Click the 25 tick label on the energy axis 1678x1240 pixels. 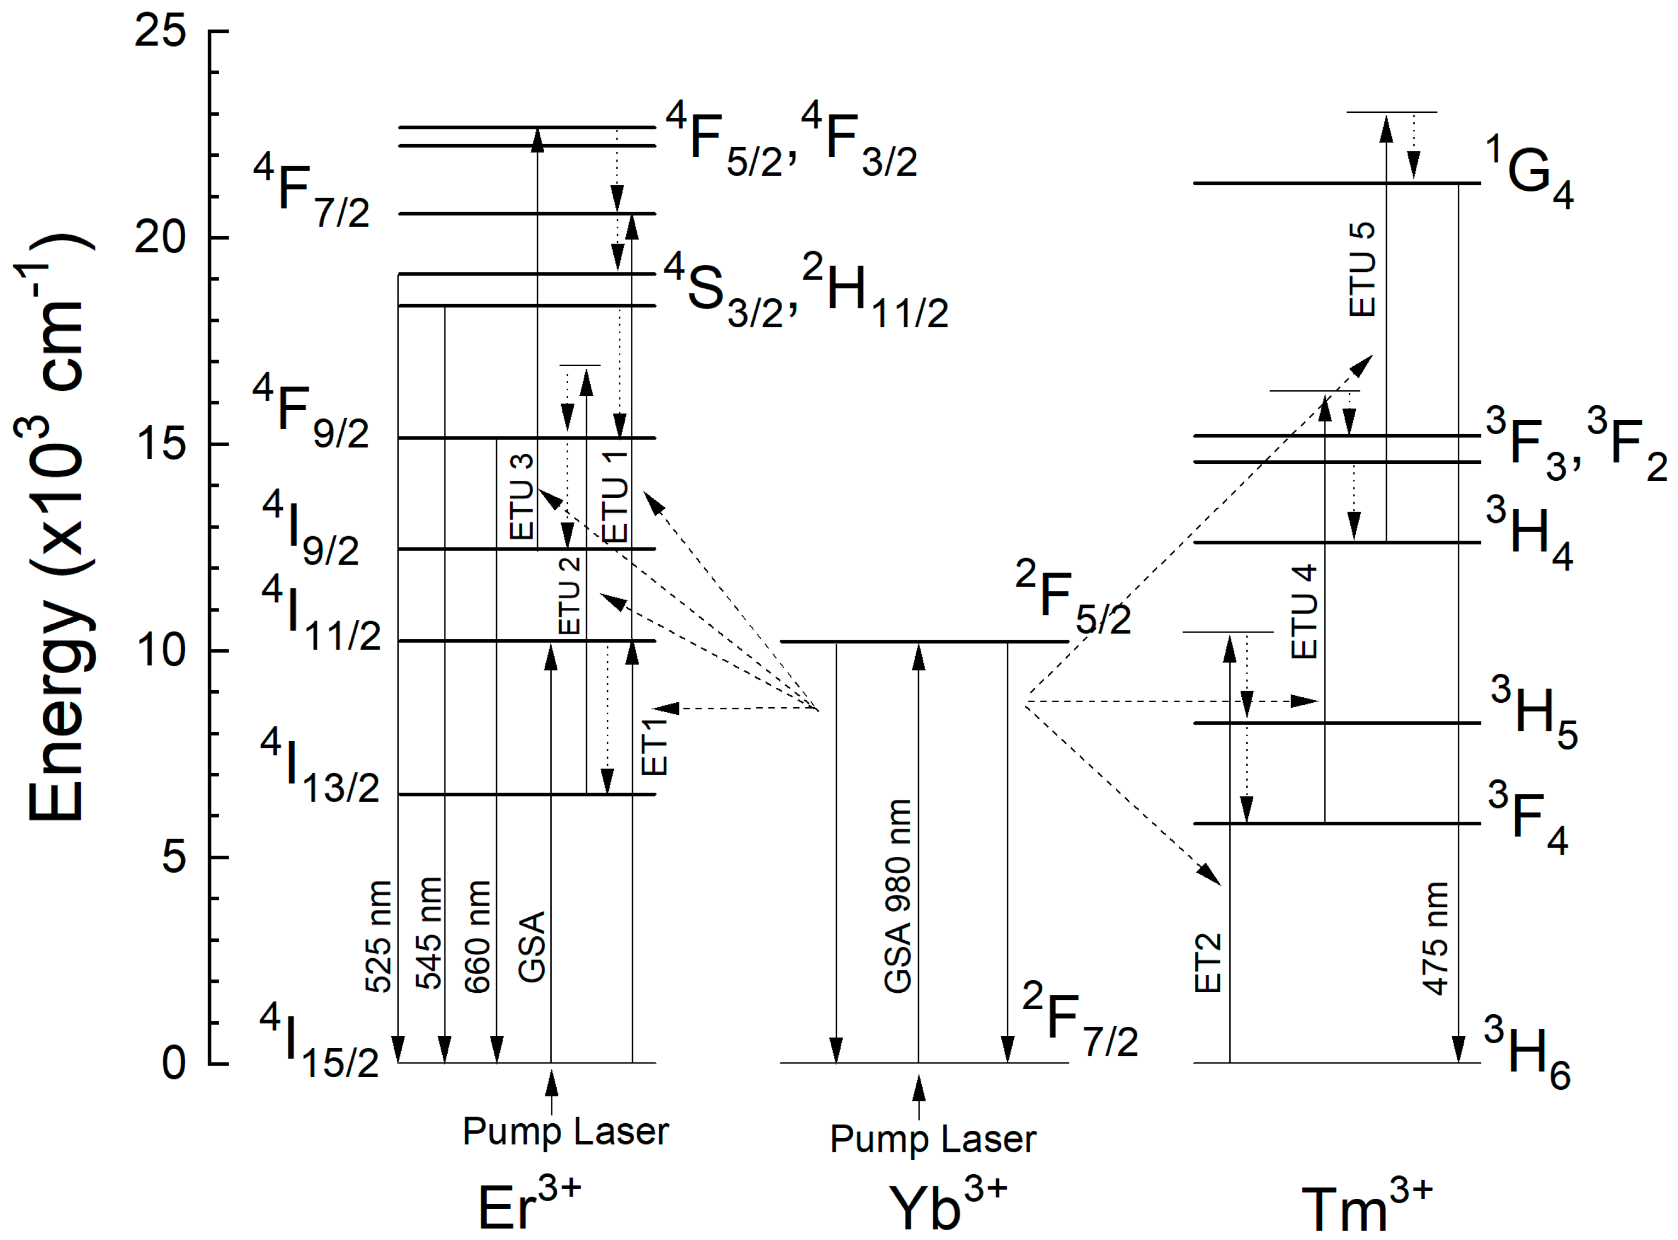click(x=160, y=32)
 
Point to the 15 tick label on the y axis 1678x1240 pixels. click(x=160, y=445)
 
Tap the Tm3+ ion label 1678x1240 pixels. click(x=1366, y=1206)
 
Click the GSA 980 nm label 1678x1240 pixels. click(x=898, y=896)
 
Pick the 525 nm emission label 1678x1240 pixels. click(x=379, y=937)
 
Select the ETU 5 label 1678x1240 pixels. click(x=1362, y=269)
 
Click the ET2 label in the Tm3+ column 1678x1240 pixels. click(x=1208, y=963)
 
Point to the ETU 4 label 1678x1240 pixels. click(x=1304, y=612)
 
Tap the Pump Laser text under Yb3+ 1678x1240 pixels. click(x=933, y=1140)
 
